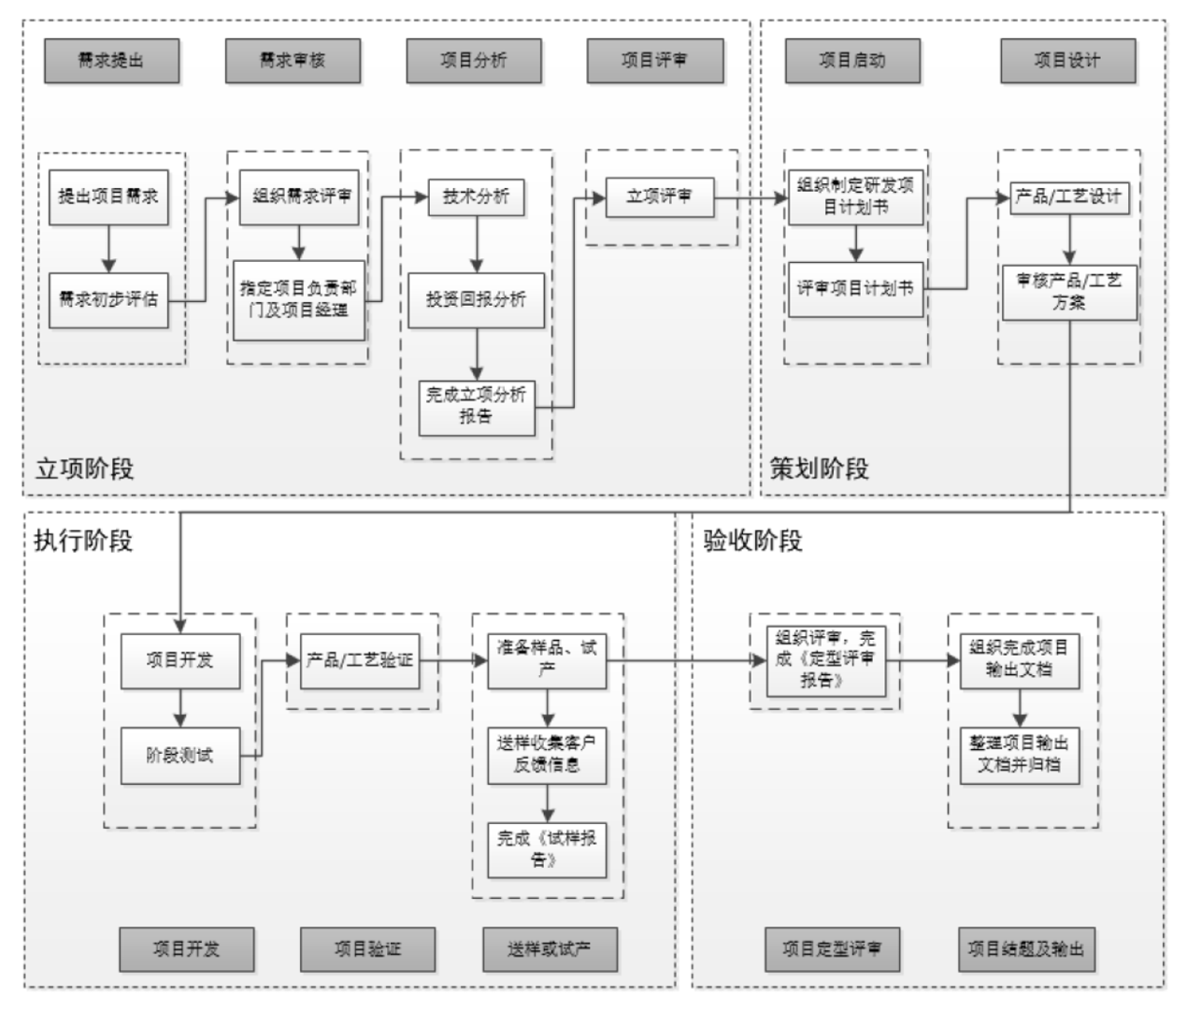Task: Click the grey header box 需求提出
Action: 110,61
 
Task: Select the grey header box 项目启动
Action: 851,61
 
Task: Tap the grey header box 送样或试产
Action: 549,949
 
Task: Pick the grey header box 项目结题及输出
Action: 1025,949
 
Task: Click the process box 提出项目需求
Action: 108,196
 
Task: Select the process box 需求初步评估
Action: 108,299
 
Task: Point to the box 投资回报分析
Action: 476,299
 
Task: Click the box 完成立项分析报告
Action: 477,406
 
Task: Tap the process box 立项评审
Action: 659,196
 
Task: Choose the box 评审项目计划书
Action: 854,289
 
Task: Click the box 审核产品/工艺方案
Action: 1069,292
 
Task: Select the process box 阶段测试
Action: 179,755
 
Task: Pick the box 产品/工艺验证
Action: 359,660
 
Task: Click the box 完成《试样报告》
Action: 547,848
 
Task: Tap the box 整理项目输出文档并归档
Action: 1019,754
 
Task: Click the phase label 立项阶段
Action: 84,469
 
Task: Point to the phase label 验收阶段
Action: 752,541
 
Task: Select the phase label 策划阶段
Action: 819,469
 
